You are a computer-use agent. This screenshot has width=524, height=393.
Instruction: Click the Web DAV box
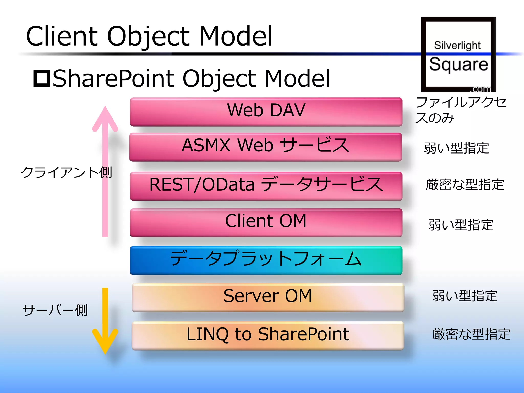[266, 112]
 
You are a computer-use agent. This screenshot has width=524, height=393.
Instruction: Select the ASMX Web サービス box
[266, 147]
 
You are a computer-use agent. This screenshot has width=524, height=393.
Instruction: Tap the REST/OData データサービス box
[266, 186]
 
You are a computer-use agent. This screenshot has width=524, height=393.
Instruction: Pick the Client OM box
[266, 222]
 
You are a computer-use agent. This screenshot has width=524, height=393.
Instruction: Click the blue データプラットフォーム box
[266, 260]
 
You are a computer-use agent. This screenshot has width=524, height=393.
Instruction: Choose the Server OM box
[268, 297]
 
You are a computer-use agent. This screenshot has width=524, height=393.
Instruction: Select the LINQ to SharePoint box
[268, 335]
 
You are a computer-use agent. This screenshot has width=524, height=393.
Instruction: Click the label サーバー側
[55, 310]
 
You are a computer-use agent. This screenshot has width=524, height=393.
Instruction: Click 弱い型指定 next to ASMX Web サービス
[456, 148]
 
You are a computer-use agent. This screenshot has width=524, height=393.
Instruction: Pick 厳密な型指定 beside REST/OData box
[465, 184]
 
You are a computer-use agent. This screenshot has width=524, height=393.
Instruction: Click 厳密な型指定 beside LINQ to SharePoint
[471, 334]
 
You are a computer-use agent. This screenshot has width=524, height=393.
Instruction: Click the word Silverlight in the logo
[457, 45]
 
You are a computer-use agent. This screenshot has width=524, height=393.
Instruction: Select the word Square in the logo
[458, 64]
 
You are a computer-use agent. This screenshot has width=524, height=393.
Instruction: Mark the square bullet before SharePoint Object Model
[42, 79]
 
